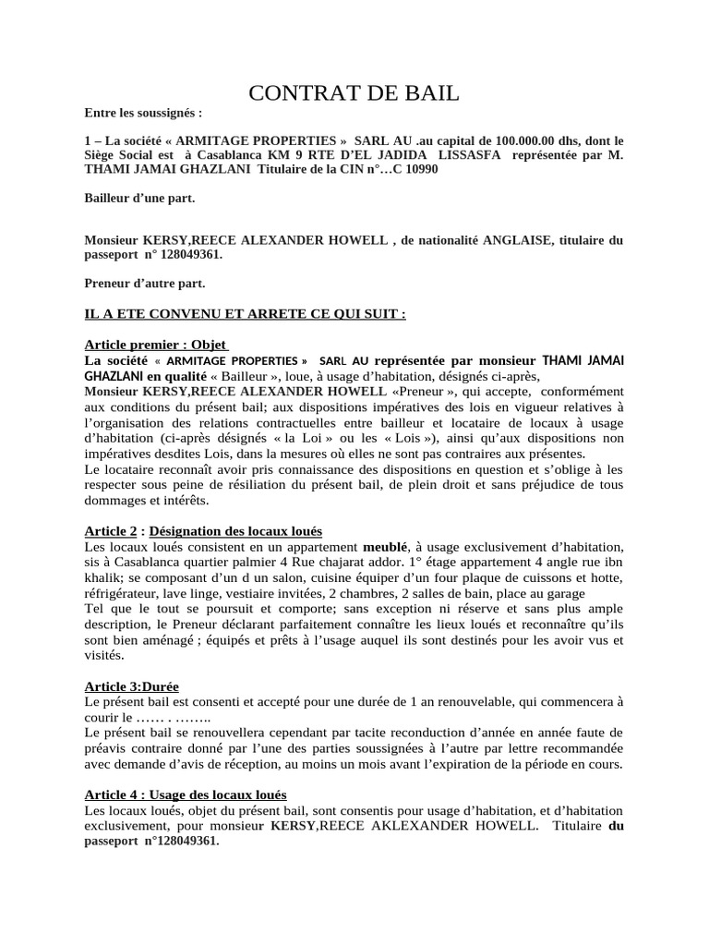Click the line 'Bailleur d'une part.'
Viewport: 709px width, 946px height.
pyautogui.click(x=139, y=198)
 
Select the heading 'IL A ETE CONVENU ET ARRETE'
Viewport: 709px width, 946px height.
pyautogui.click(x=245, y=313)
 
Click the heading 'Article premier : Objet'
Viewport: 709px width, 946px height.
pyautogui.click(x=148, y=344)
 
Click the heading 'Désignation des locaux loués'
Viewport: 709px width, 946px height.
pyautogui.click(x=235, y=531)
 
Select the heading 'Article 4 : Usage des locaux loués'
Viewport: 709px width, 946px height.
pyautogui.click(x=186, y=794)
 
